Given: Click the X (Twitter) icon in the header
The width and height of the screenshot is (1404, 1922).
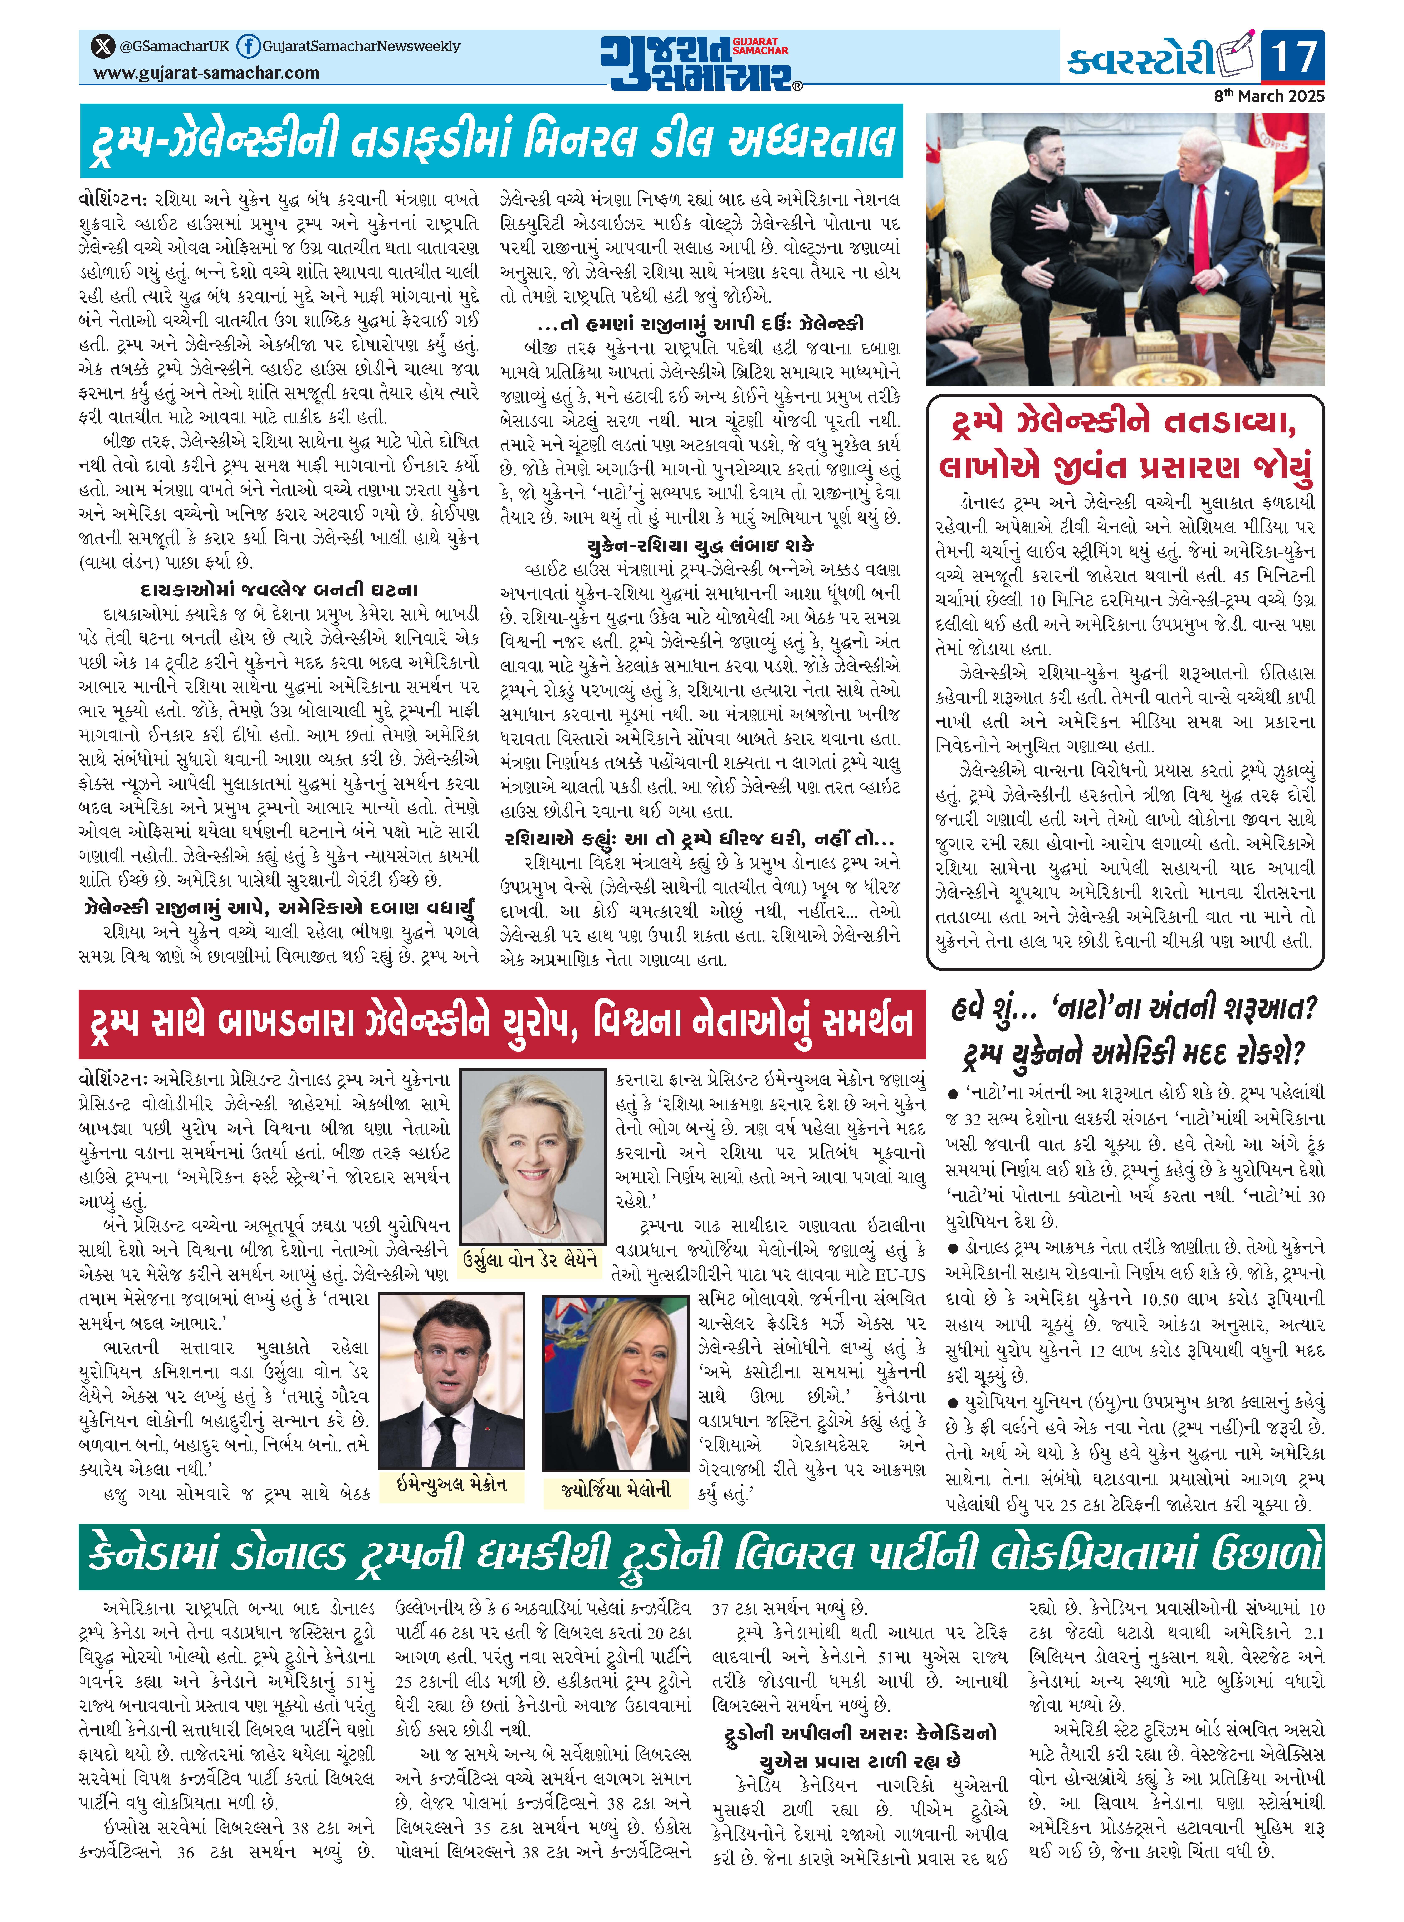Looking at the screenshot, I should coord(104,46).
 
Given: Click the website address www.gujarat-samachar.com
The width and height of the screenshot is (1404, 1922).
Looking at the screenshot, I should coord(206,73).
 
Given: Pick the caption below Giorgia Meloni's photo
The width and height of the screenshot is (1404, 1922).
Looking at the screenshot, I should coord(616,1489).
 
